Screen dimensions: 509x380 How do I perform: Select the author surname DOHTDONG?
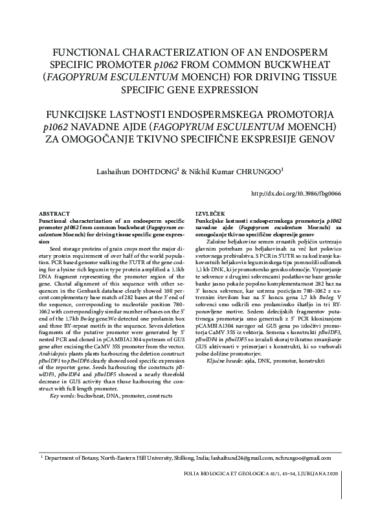pos(150,173)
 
